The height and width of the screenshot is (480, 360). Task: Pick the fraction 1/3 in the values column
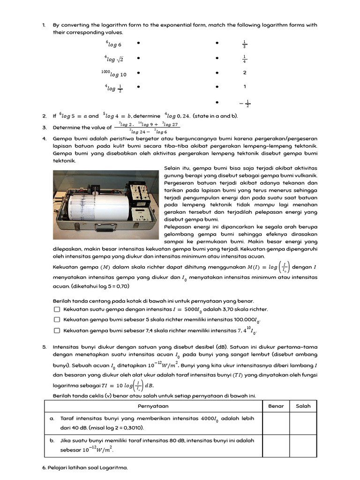pos(245,45)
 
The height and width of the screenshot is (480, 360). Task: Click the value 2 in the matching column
pos(245,73)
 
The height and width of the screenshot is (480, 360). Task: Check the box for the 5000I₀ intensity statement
pos(57,309)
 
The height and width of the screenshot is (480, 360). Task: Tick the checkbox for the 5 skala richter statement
pos(57,320)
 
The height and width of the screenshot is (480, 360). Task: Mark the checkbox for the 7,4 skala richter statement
pos(57,330)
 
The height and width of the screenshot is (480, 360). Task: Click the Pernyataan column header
pos(153,406)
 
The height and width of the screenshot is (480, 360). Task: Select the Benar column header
pos(276,406)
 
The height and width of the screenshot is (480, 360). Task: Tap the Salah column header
pos(303,406)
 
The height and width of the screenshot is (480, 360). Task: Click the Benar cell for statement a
pos(276,423)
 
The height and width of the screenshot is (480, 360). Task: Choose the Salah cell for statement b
pos(303,445)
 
